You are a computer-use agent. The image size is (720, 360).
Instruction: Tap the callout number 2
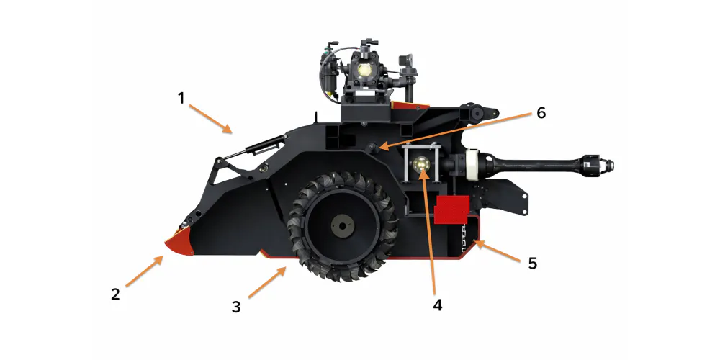(x=115, y=294)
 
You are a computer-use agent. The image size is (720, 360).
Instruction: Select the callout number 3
(x=235, y=307)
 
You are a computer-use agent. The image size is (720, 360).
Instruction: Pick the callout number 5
(x=532, y=263)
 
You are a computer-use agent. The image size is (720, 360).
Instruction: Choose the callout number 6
(x=541, y=113)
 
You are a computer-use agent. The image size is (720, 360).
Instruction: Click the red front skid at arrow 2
(x=180, y=245)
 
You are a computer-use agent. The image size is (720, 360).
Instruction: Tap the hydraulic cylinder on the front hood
(x=259, y=148)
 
